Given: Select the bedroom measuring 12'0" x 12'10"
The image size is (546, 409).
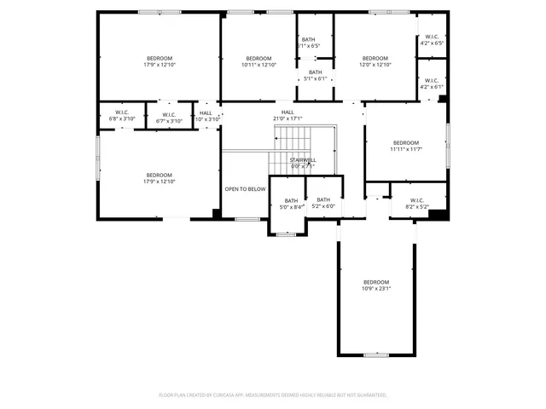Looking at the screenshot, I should pyautogui.click(x=375, y=61).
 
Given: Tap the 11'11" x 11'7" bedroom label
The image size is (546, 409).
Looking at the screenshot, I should pyautogui.click(x=406, y=146).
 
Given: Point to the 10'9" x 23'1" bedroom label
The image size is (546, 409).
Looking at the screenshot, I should pyautogui.click(x=376, y=285).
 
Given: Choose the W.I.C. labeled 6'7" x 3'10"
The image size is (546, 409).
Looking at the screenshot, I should pyautogui.click(x=169, y=117).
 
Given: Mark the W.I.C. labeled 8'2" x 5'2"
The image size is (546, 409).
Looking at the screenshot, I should pyautogui.click(x=416, y=204).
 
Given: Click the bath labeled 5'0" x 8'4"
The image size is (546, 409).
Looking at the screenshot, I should pyautogui.click(x=291, y=204).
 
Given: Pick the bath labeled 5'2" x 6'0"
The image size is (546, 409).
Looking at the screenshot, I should pyautogui.click(x=323, y=203).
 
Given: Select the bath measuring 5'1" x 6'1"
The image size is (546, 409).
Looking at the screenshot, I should pyautogui.click(x=316, y=75).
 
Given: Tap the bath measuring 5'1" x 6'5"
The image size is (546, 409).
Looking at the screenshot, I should pyautogui.click(x=308, y=43).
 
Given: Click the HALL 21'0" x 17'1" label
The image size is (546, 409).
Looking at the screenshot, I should pyautogui.click(x=288, y=115).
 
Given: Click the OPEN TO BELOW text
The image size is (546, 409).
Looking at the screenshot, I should pyautogui.click(x=245, y=188).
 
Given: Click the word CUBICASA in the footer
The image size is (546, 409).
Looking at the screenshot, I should pyautogui.click(x=232, y=395).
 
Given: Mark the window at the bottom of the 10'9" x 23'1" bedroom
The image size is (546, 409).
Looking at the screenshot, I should pyautogui.click(x=375, y=354).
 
